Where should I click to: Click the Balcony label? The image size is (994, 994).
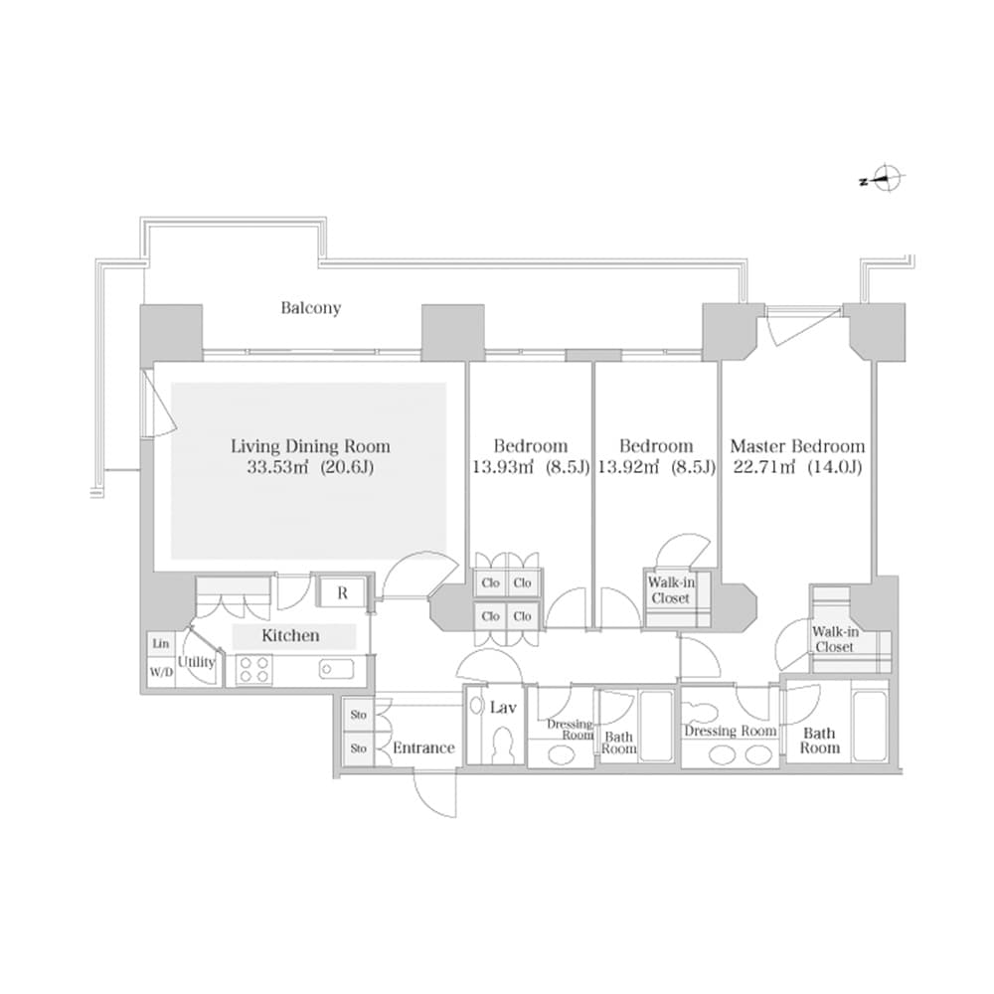click(310, 308)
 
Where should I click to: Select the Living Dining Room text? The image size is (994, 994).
click(310, 446)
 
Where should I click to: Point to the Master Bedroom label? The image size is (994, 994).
click(797, 446)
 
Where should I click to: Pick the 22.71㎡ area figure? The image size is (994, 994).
click(764, 466)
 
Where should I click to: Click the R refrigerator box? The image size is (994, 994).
click(342, 593)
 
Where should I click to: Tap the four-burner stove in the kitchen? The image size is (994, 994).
click(252, 670)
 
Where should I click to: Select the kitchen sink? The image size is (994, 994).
click(332, 669)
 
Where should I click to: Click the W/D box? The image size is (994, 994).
click(160, 672)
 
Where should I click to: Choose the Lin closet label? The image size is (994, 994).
click(160, 644)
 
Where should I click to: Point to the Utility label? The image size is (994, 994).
click(196, 662)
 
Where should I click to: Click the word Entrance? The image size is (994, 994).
click(423, 747)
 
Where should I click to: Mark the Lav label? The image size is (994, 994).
click(503, 708)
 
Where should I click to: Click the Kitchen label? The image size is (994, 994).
click(290, 635)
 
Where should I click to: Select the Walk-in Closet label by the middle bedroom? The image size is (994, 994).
click(670, 590)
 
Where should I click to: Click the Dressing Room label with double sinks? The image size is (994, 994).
click(730, 731)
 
